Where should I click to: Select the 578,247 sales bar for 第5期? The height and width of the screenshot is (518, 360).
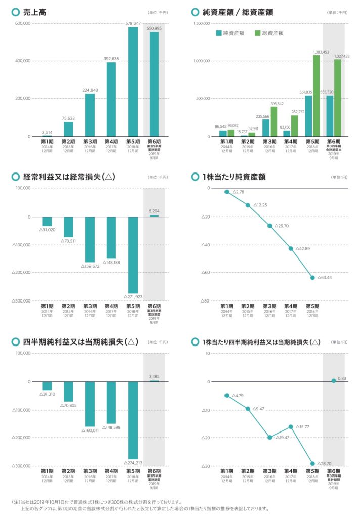[132, 81]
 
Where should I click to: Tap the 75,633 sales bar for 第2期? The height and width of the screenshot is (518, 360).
[68, 129]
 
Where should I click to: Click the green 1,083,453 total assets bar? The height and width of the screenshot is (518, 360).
[317, 96]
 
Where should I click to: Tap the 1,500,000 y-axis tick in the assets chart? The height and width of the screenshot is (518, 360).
[201, 23]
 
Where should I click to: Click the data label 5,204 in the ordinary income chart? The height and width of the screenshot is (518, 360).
[154, 211]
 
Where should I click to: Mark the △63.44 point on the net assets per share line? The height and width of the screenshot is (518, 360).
[312, 278]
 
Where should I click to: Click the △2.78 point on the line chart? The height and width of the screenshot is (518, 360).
[227, 192]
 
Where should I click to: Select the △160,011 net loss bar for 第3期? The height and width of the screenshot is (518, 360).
[90, 404]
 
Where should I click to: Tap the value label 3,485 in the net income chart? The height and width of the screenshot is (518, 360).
[154, 376]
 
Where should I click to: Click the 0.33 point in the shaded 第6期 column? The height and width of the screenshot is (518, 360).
[334, 380]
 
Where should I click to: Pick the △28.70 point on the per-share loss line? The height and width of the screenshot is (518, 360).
[312, 463]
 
